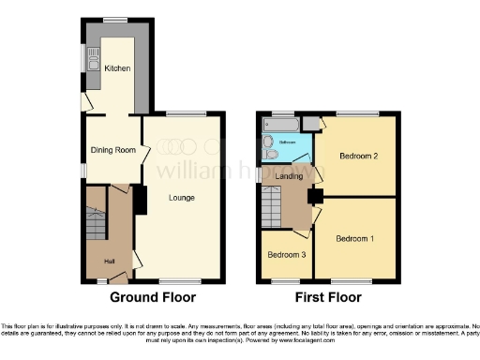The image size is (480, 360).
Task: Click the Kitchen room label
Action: (x=117, y=68)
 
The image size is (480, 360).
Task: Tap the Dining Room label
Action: (x=107, y=150)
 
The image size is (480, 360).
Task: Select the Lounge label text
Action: (x=182, y=198)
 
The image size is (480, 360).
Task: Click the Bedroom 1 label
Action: (x=356, y=238)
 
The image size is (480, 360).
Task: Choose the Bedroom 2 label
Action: (x=358, y=156)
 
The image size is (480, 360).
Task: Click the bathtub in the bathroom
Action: (x=282, y=126)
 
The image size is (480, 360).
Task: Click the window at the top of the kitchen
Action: (x=115, y=20)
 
